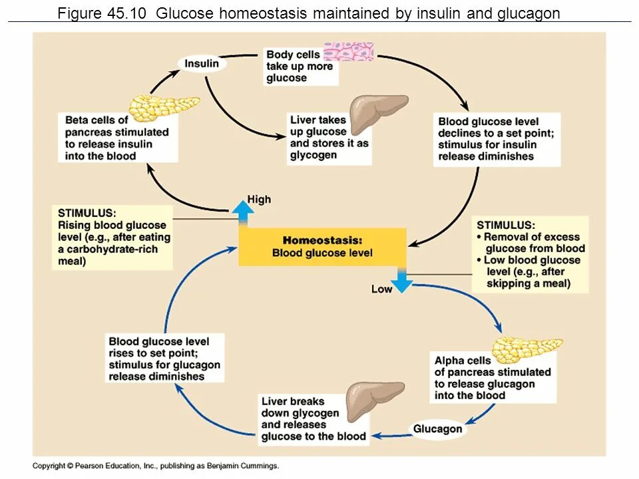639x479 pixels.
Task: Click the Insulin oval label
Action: click(202, 64)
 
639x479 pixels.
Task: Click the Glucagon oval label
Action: click(437, 429)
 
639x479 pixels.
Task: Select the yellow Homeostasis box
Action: click(322, 247)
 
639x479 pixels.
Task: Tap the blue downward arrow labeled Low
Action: click(402, 281)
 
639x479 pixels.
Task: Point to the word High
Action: click(259, 199)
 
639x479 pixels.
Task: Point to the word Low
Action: click(381, 289)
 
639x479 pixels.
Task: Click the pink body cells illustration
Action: click(349, 52)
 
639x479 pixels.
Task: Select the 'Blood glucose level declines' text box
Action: click(497, 139)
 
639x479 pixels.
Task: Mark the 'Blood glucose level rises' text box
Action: click(164, 359)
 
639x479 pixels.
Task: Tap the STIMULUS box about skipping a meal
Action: click(531, 254)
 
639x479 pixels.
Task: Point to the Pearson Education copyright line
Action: click(156, 466)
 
